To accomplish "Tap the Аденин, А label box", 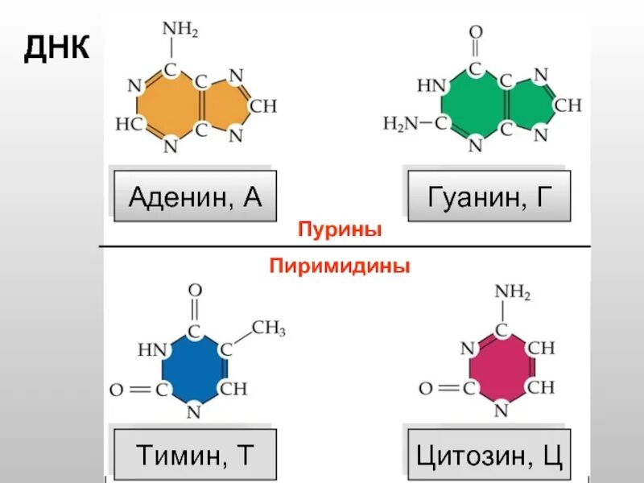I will pos(195,196).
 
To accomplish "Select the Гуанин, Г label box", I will pos(489,196).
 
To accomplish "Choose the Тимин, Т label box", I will pos(195,456).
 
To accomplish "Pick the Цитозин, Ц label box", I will pos(489,456).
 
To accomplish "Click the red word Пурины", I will pos(339,230).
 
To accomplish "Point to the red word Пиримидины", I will pos(339,266).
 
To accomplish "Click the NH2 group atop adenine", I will pos(180,31).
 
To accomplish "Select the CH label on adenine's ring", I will pos(263,105).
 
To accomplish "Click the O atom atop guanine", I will pos(476,32).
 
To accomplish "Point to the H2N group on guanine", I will pos(401,124).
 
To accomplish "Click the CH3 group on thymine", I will pos(268,328).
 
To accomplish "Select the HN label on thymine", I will pos(151,349).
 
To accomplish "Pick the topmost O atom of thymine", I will pos(195,290).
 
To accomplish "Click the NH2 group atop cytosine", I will pos(513,291).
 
